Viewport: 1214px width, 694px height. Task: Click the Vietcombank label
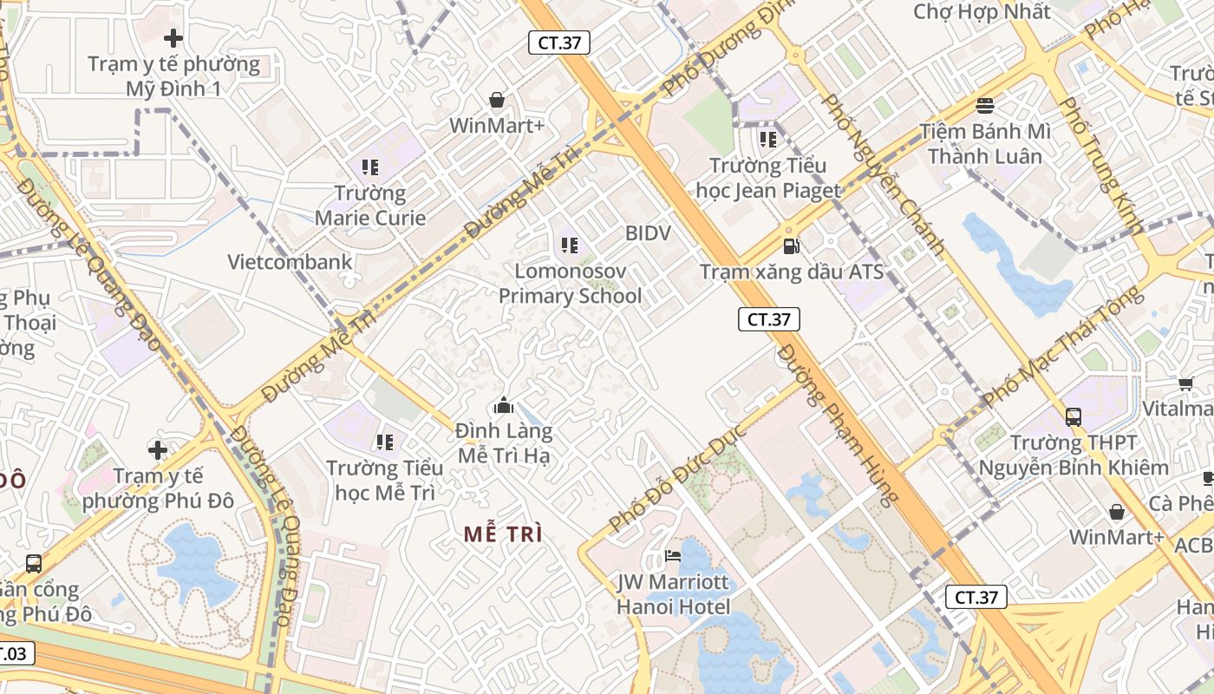tap(290, 262)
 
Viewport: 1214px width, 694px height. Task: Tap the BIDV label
tap(648, 233)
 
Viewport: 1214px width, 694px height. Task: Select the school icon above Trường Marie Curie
tap(370, 167)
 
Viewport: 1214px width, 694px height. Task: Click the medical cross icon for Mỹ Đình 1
tap(173, 38)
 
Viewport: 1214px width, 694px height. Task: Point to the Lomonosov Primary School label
tap(570, 284)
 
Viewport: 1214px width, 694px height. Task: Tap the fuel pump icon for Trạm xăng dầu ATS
tap(790, 246)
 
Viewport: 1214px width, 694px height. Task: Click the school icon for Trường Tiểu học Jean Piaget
tap(767, 139)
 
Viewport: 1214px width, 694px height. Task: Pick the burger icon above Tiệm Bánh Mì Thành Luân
tap(984, 106)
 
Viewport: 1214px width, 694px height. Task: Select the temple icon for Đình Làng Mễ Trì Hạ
tap(503, 405)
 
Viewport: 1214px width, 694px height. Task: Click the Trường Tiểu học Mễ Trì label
tap(385, 481)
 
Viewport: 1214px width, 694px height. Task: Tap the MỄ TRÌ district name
tap(503, 534)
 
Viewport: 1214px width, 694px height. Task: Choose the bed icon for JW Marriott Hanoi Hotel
tap(673, 555)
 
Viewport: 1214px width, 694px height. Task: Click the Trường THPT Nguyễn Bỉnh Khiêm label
tap(1074, 455)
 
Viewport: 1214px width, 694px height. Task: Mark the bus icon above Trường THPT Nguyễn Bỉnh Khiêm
tap(1074, 416)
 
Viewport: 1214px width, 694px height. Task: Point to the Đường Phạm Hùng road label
tap(836, 424)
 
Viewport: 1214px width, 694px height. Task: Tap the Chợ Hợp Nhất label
tap(982, 12)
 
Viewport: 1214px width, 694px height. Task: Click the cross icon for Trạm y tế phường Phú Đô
tap(157, 450)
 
